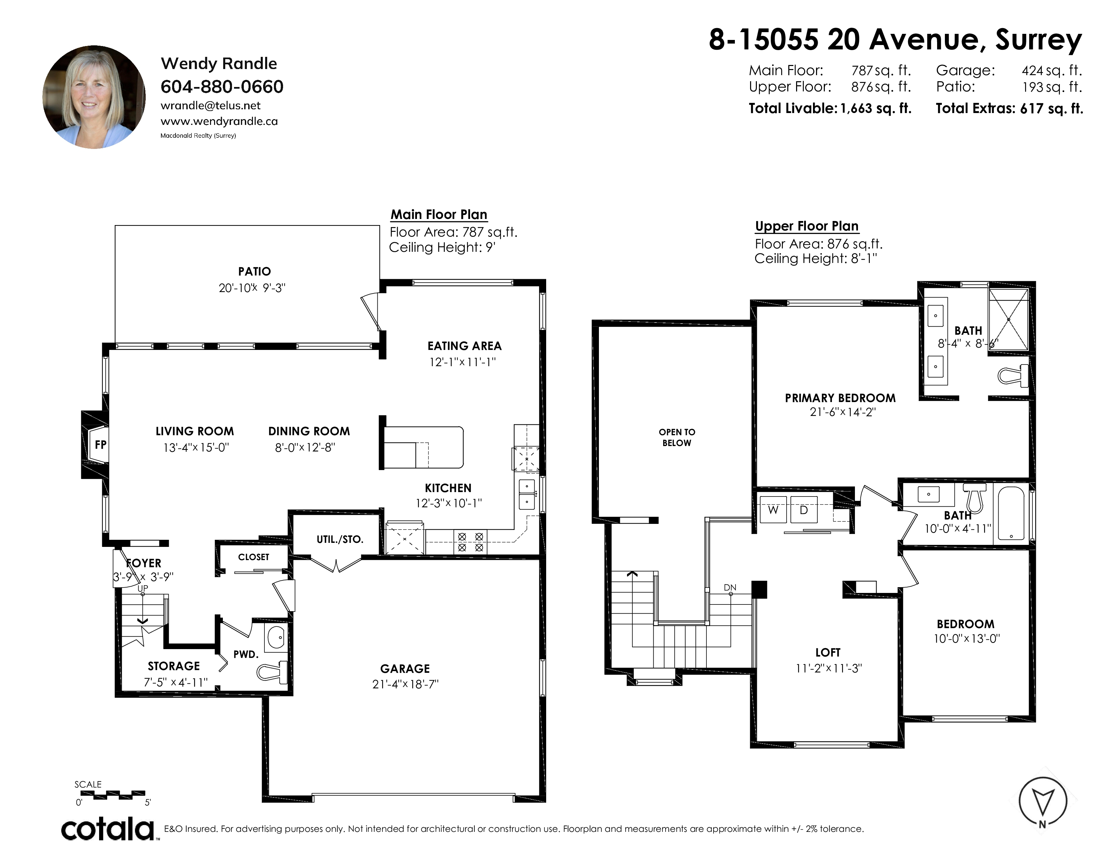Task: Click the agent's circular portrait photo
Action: pyautogui.click(x=94, y=97)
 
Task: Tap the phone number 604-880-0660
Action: pyautogui.click(x=222, y=87)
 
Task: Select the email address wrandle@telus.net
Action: pyautogui.click(x=211, y=106)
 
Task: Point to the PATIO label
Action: pyautogui.click(x=254, y=271)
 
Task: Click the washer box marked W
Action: pyautogui.click(x=773, y=509)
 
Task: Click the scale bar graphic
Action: pyautogui.click(x=113, y=795)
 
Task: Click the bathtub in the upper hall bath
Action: pyautogui.click(x=1011, y=513)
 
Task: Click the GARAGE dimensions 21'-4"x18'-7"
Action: pyautogui.click(x=405, y=684)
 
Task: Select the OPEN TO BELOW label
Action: pyautogui.click(x=677, y=438)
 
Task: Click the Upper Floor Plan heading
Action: pyautogui.click(x=807, y=226)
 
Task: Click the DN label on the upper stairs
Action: pyautogui.click(x=730, y=588)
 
